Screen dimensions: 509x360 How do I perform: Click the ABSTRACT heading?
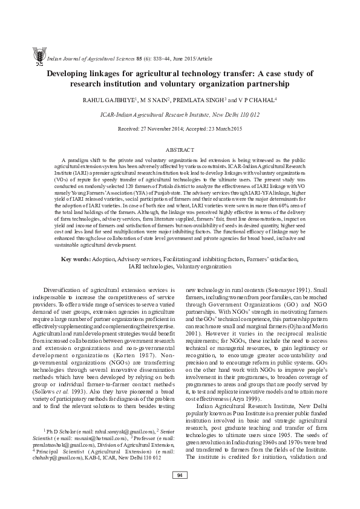[x=180, y=149]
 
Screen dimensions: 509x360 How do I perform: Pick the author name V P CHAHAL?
[x=258, y=100]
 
